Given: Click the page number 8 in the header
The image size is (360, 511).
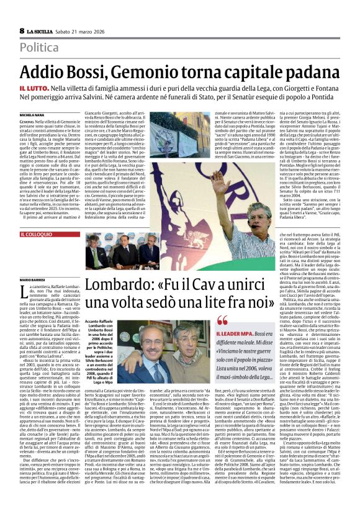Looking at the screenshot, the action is tap(21, 30).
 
